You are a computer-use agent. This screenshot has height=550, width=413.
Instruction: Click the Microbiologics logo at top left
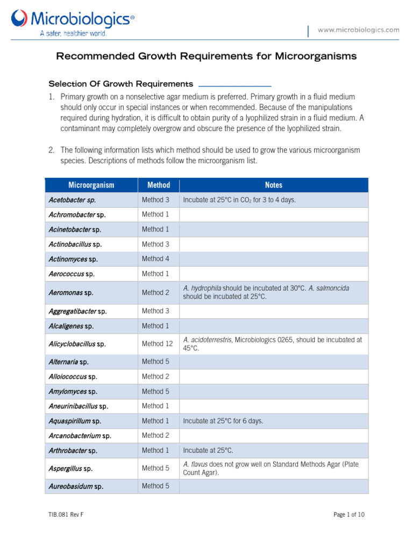tap(73, 20)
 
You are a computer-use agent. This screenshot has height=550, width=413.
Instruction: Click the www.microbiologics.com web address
tap(358, 30)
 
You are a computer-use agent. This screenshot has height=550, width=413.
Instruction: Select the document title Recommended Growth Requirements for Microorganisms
tap(206, 56)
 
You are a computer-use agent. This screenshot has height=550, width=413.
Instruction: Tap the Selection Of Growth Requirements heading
tap(120, 84)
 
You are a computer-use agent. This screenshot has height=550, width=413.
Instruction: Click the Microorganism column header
tap(91, 185)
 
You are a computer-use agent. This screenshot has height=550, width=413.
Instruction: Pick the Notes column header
tap(273, 185)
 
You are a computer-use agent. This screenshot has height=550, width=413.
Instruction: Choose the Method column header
tap(158, 185)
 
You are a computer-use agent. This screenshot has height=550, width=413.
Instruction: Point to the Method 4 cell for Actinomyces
tap(152, 259)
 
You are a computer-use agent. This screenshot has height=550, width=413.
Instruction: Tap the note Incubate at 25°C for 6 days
tap(223, 421)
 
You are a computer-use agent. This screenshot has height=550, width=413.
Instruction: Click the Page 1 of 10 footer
tap(348, 515)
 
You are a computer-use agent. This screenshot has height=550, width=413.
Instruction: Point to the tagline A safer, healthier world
tap(74, 33)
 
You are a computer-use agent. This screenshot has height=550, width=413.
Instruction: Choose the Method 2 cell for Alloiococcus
tap(152, 377)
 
